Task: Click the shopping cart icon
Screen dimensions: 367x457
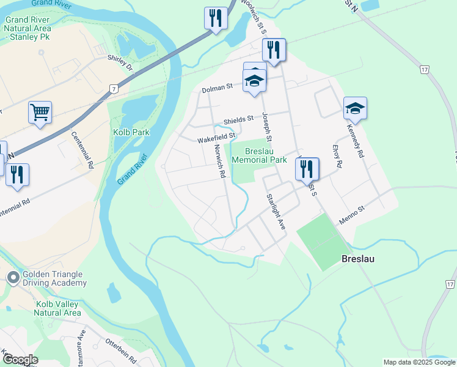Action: coord(40,113)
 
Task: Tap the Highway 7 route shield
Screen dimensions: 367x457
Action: coord(114,89)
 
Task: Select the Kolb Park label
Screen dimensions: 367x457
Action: coord(131,132)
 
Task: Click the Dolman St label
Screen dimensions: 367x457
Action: coord(218,89)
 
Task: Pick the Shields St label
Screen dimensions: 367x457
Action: coord(238,120)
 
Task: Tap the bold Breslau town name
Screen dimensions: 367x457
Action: coord(357,259)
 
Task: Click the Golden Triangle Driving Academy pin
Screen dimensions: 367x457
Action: coord(13,278)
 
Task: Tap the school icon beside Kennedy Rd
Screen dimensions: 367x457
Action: coord(355,109)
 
